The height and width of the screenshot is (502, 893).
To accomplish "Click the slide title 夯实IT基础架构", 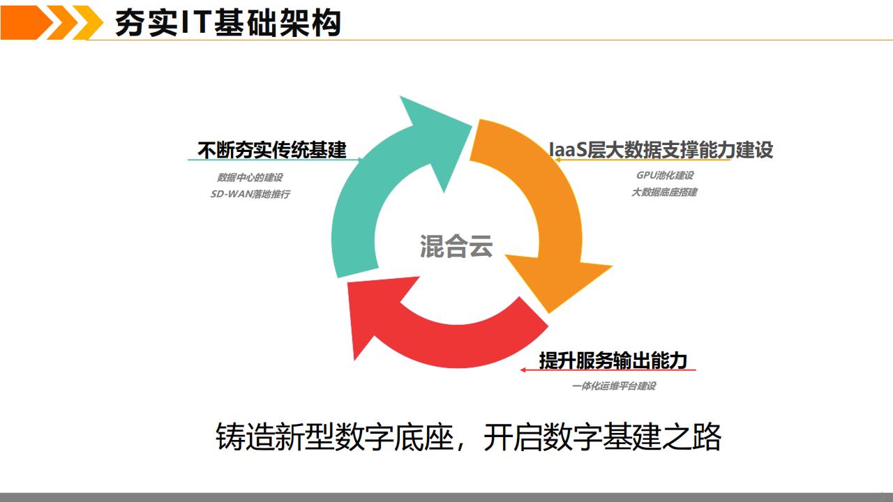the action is (x=227, y=23).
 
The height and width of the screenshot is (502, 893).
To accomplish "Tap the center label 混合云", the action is (x=456, y=246).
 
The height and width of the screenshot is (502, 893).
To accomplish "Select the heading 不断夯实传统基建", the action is (x=272, y=149).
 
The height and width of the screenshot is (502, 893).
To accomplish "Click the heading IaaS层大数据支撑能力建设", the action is (x=661, y=149).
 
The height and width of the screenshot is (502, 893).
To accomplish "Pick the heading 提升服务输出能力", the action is (x=613, y=360).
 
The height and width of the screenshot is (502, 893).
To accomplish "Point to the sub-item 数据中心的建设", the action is (x=250, y=177).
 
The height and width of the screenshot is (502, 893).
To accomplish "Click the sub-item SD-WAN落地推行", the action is (x=250, y=194).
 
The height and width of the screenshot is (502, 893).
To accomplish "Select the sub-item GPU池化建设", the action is (x=665, y=175).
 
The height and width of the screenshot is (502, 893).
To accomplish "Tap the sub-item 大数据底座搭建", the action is (x=664, y=192).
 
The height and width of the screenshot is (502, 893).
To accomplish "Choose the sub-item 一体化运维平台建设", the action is (x=613, y=386).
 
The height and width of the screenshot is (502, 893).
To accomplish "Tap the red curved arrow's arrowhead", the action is (x=377, y=314).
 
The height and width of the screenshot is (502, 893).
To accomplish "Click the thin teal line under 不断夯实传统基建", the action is (x=209, y=160).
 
